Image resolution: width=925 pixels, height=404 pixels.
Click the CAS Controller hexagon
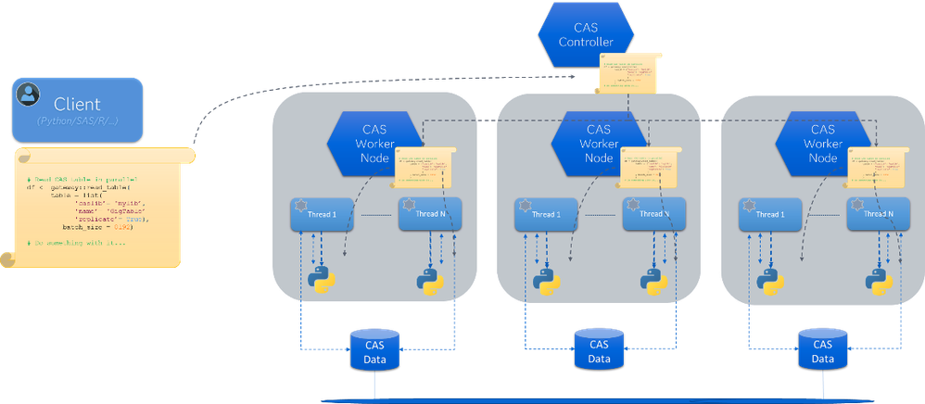tap(586, 34)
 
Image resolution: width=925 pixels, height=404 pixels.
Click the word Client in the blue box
tap(77, 104)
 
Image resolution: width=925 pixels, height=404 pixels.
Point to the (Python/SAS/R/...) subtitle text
tap(77, 121)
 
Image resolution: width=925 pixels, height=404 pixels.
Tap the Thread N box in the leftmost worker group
tap(428, 214)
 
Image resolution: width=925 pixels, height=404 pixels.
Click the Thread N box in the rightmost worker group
tap(876, 214)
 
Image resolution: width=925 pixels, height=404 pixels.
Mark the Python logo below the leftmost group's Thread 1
tap(322, 278)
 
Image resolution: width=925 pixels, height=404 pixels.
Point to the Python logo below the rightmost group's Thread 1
tap(769, 278)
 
